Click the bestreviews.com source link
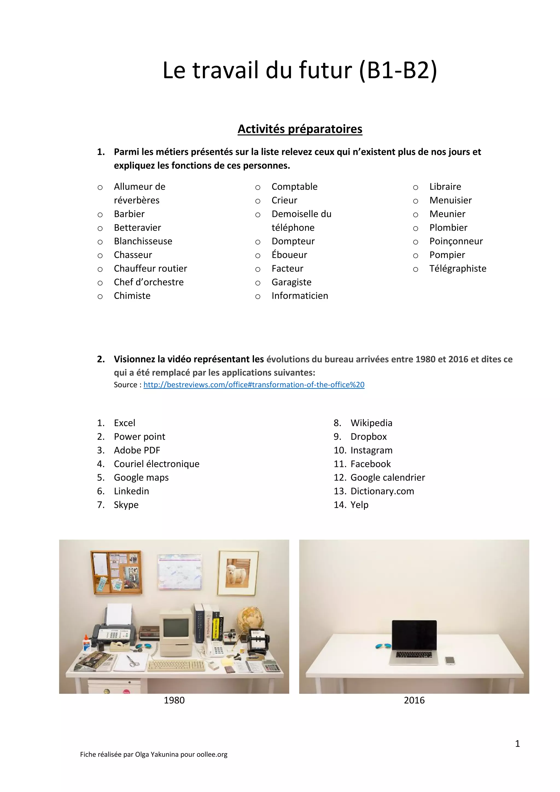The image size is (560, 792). click(x=254, y=385)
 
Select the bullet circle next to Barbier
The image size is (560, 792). click(x=100, y=215)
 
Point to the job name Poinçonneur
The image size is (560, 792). click(x=456, y=241)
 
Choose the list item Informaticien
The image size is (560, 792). click(x=300, y=296)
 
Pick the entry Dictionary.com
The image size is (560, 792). click(x=382, y=491)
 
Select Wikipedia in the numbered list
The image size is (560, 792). click(x=371, y=423)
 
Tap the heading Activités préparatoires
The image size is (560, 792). click(x=300, y=129)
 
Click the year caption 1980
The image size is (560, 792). click(x=174, y=700)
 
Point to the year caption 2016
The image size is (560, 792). click(x=414, y=700)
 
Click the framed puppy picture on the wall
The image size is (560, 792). click(x=238, y=573)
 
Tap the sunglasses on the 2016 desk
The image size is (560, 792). click(x=383, y=646)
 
